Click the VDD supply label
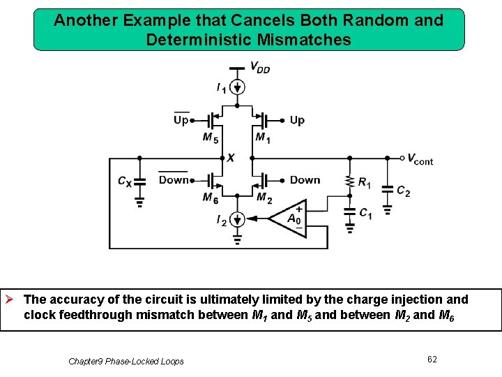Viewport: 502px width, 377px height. pyautogui.click(x=260, y=68)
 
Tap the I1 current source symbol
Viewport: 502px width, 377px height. pyautogui.click(x=238, y=87)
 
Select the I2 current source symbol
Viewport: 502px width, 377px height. pyautogui.click(x=238, y=220)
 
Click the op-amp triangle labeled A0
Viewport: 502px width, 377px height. pyautogui.click(x=290, y=218)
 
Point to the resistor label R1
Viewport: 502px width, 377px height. pyautogui.click(x=365, y=183)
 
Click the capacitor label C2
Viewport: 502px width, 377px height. pyautogui.click(x=403, y=191)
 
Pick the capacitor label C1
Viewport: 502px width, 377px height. pyautogui.click(x=365, y=214)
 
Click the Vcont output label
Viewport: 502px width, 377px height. pyautogui.click(x=420, y=159)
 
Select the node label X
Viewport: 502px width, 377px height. pyautogui.click(x=230, y=158)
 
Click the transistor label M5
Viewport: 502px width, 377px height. pyautogui.click(x=210, y=138)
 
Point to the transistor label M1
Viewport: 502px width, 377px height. pyautogui.click(x=263, y=138)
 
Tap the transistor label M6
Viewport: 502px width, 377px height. pyautogui.click(x=210, y=198)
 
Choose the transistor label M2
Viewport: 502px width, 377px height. pyautogui.click(x=264, y=198)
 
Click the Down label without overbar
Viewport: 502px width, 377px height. pyautogui.click(x=305, y=179)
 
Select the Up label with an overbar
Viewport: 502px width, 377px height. pyautogui.click(x=181, y=120)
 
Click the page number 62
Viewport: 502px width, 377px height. pyautogui.click(x=432, y=359)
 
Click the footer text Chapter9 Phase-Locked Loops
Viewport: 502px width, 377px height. pyautogui.click(x=126, y=361)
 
